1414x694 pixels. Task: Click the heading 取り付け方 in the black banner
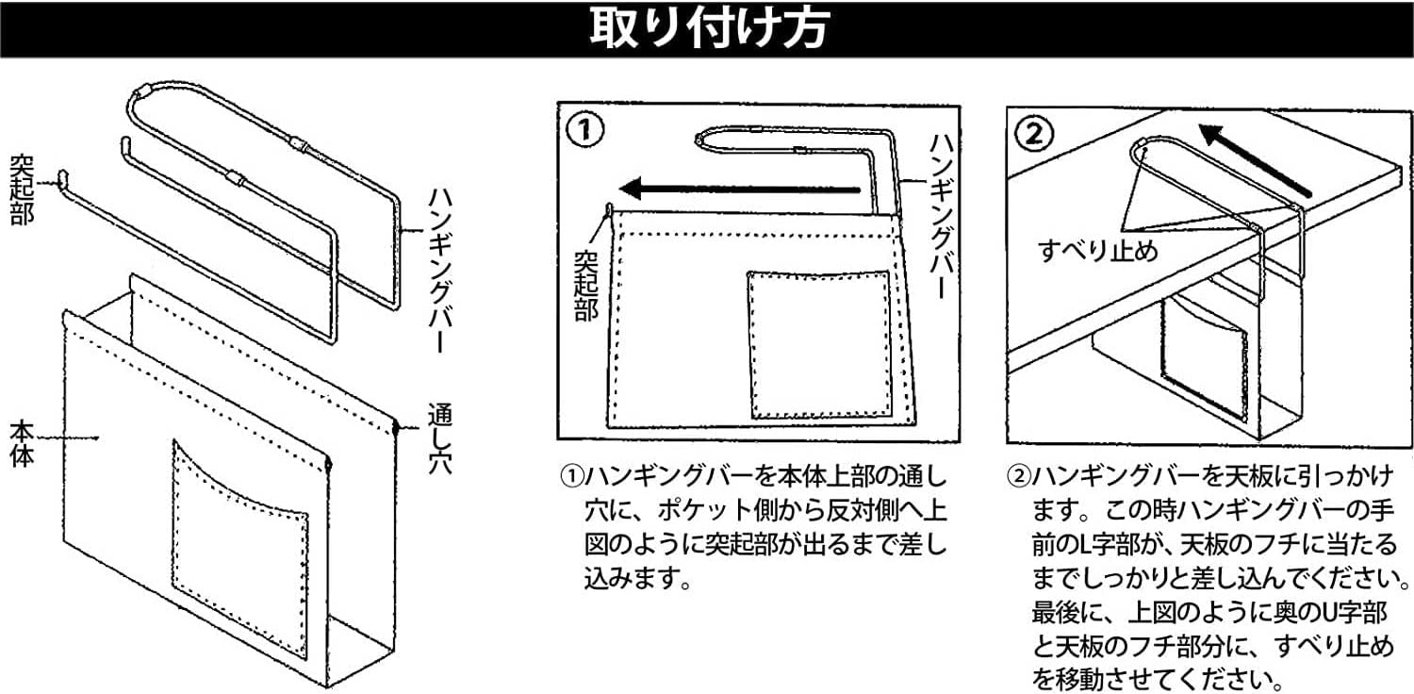point(707,29)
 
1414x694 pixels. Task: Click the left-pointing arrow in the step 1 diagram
point(745,189)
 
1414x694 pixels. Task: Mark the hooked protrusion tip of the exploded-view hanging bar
point(61,176)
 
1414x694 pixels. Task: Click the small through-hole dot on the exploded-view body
point(397,429)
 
